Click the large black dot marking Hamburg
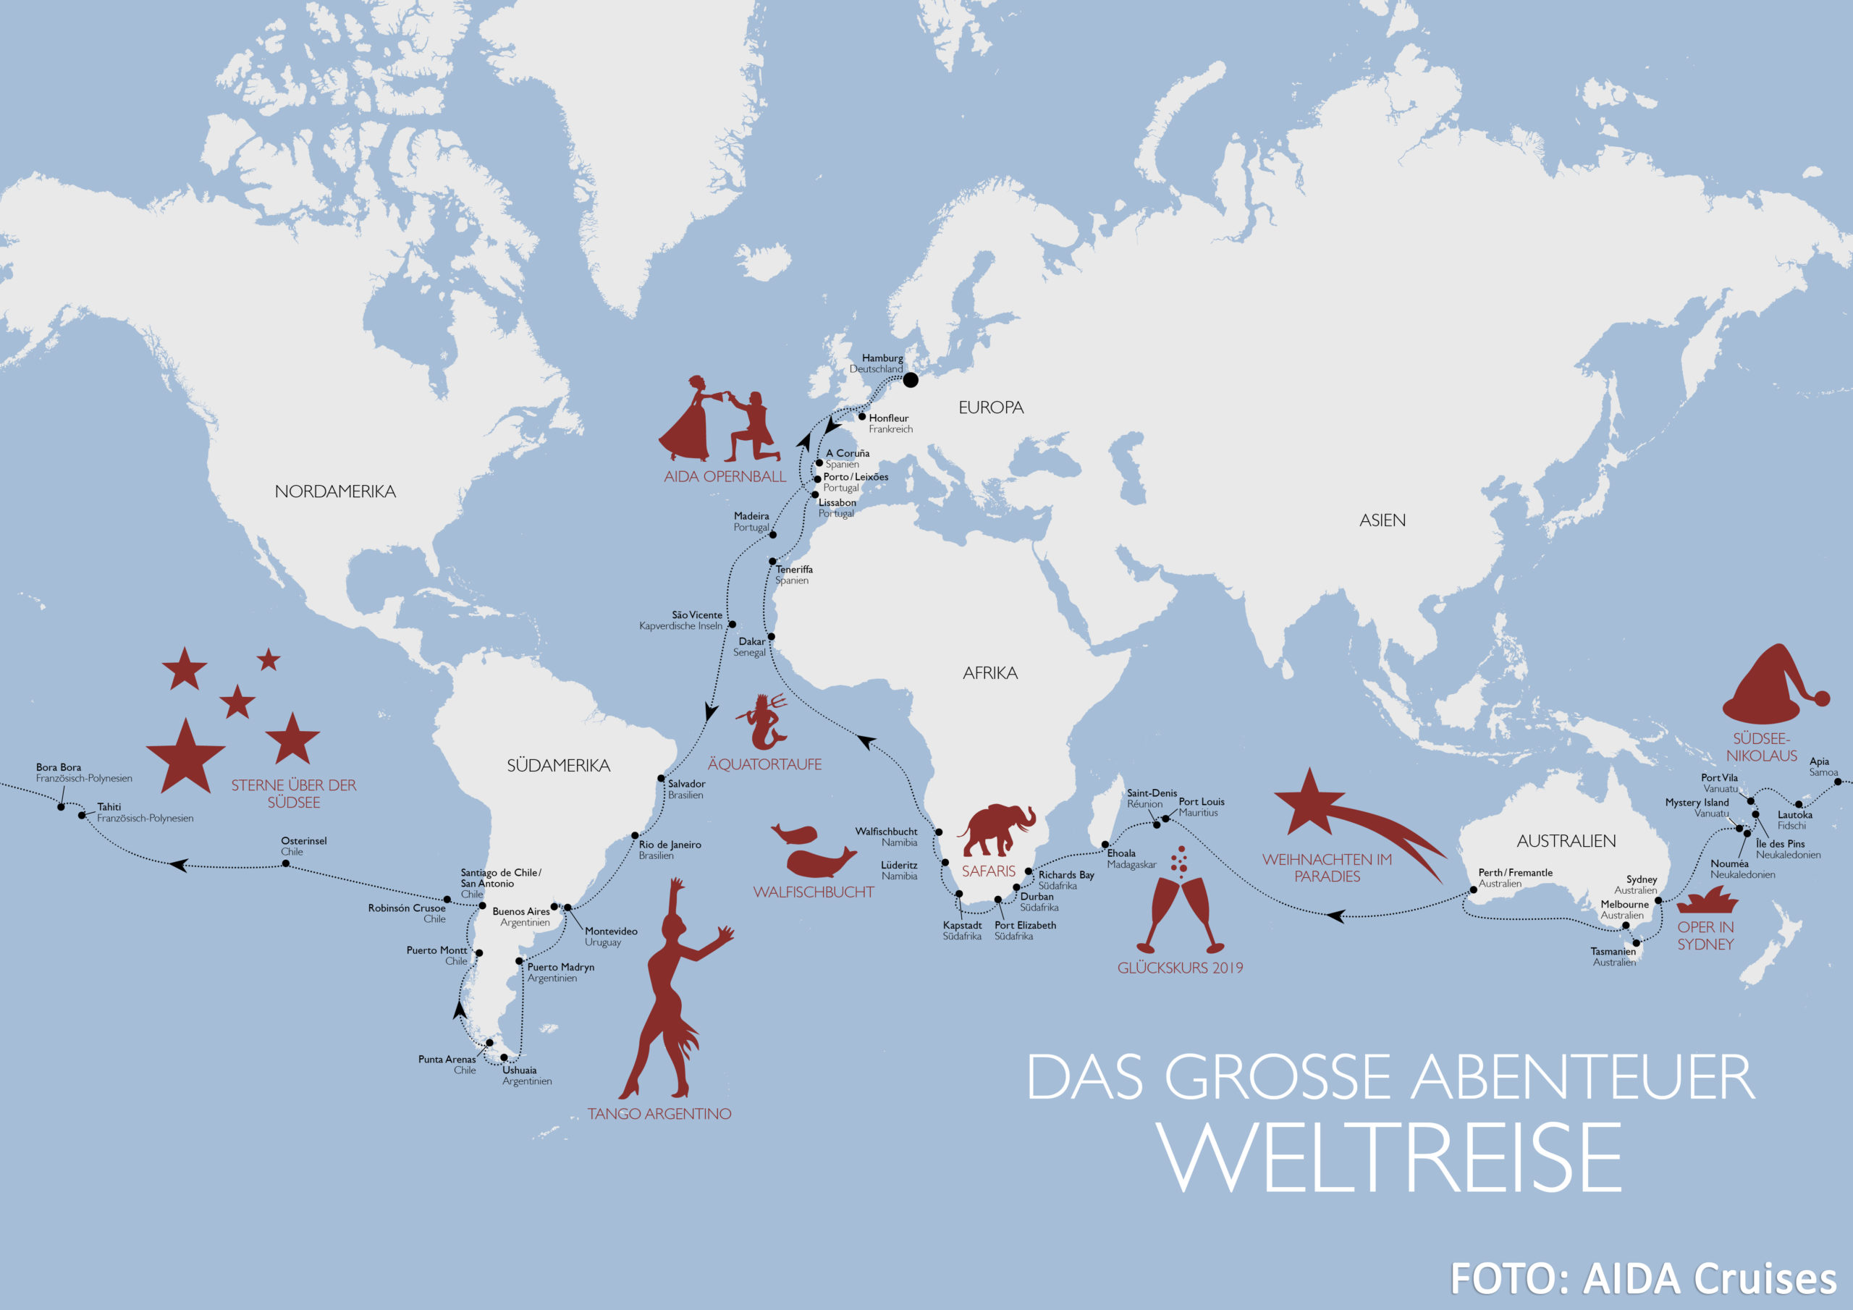tap(911, 379)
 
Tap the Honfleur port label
tap(889, 418)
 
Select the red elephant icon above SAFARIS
tap(996, 829)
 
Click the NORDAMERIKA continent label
tap(335, 491)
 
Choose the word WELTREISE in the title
tap(1390, 1157)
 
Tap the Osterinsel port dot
tap(286, 863)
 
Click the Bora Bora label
tap(59, 768)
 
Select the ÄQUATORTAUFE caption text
tap(764, 764)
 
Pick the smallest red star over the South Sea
tap(269, 660)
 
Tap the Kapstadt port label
tap(962, 925)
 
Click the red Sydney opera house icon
tap(1707, 901)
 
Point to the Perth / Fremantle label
tap(1515, 873)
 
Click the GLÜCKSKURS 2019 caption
tap(1180, 968)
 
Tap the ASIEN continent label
tap(1382, 520)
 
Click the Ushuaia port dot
tap(505, 1057)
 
